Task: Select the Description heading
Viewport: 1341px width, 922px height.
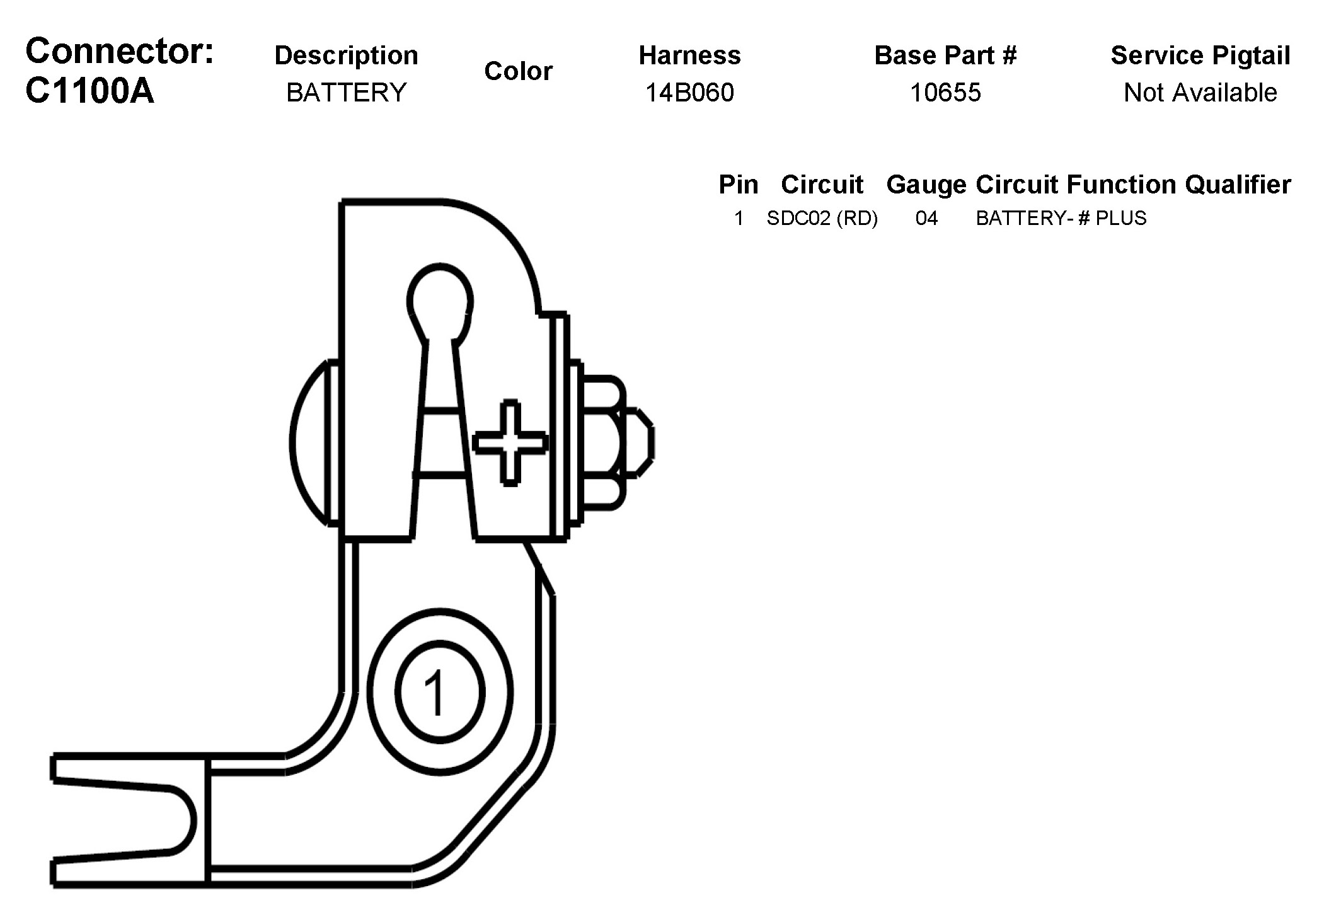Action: click(346, 55)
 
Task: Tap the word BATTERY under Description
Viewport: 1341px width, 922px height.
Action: click(346, 93)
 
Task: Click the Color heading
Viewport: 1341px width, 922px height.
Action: click(518, 71)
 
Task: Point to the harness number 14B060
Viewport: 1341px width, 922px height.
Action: click(689, 93)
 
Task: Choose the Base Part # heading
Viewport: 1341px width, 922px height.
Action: click(945, 55)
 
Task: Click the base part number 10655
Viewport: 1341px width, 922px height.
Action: click(945, 93)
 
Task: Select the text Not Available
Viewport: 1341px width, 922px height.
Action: click(1200, 93)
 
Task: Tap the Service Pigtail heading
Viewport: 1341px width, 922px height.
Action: click(1200, 55)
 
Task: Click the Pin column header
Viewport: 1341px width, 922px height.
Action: click(738, 185)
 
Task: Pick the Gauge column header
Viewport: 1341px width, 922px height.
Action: click(926, 185)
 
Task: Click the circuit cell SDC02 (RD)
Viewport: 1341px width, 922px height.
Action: click(822, 218)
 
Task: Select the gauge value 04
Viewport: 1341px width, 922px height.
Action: click(926, 218)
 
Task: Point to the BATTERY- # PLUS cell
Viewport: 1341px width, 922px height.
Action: click(1061, 218)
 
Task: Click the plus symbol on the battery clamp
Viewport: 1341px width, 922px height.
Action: click(510, 442)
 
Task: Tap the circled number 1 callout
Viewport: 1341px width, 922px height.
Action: click(439, 691)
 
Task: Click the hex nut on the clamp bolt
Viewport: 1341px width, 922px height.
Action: click(602, 442)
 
